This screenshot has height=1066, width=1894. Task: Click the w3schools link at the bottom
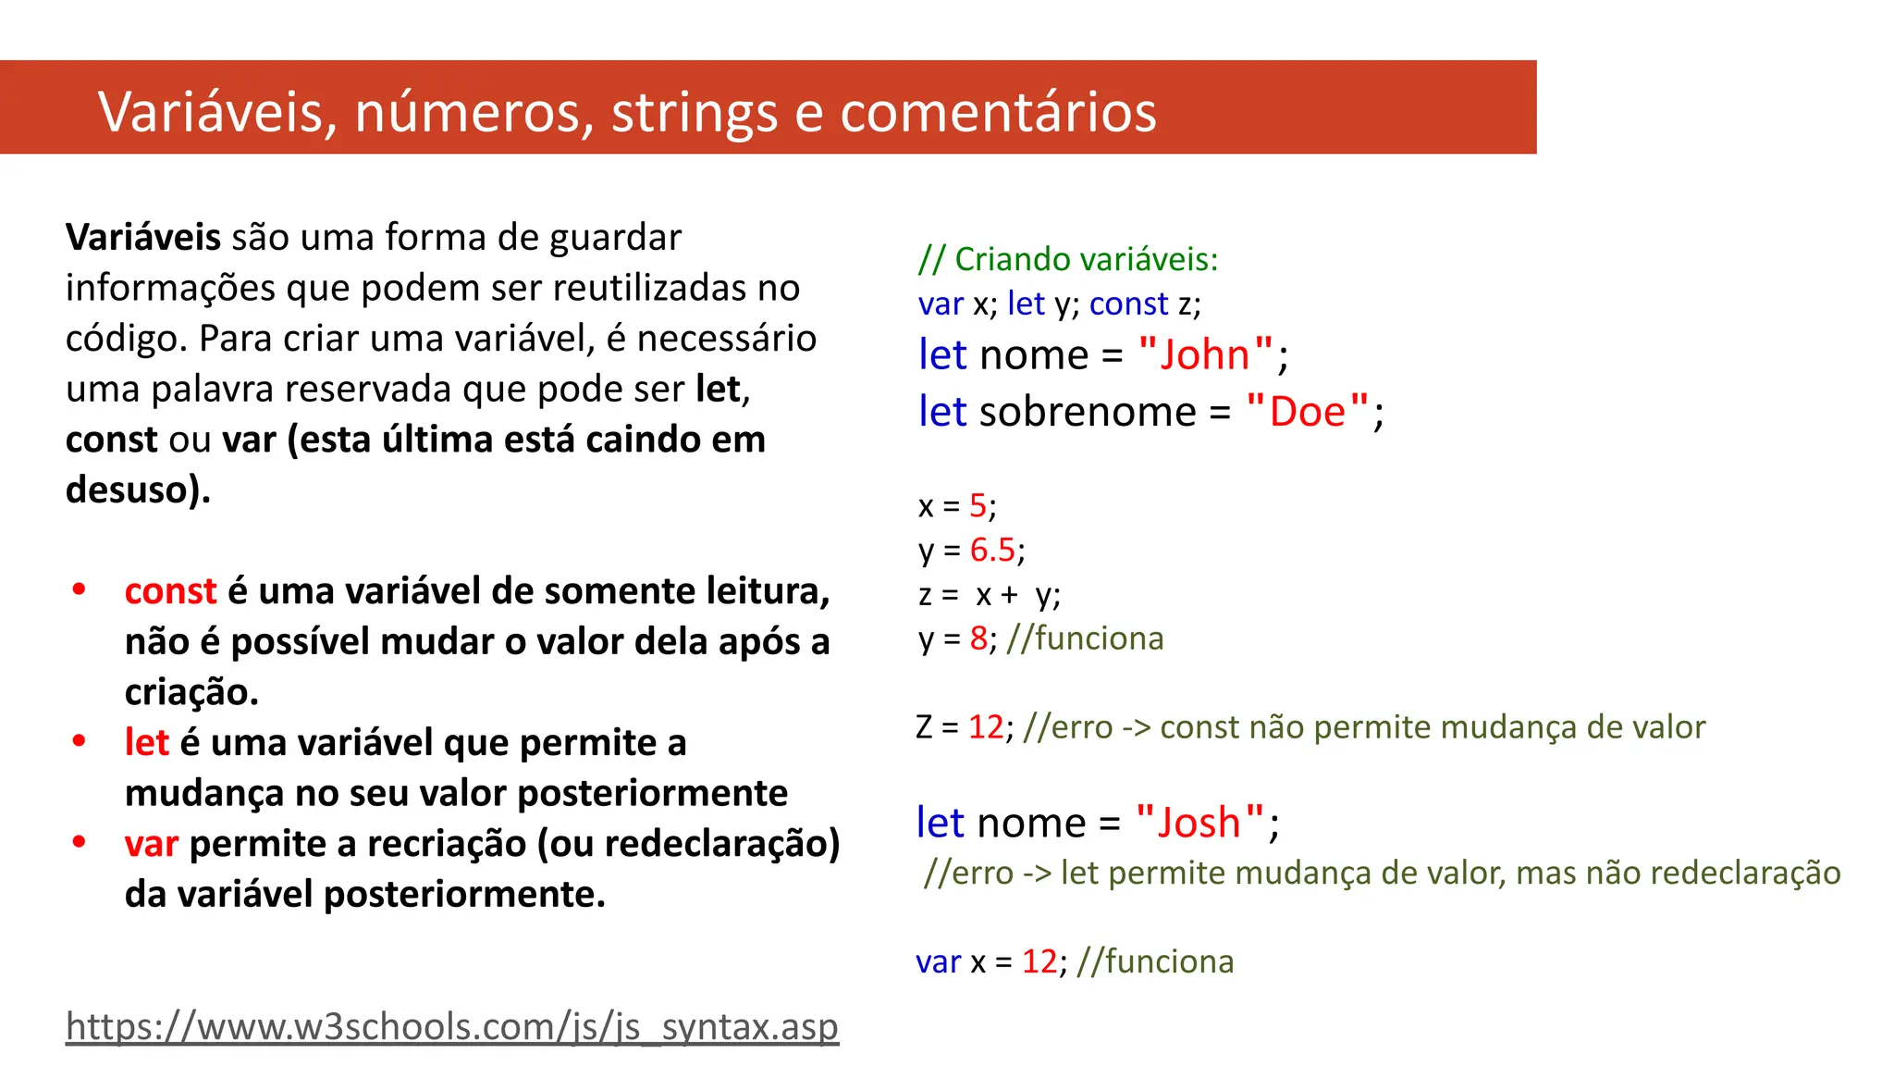tap(452, 1027)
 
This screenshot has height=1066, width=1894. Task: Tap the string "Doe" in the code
tap(1307, 412)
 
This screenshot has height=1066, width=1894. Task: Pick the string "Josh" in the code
tap(1199, 823)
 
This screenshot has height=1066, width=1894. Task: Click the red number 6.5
tap(992, 551)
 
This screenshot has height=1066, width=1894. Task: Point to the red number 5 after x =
tap(978, 506)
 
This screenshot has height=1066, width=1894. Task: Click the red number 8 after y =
tap(978, 638)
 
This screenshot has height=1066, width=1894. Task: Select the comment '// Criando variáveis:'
tap(1068, 259)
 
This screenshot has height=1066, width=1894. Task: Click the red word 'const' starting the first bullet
tap(170, 591)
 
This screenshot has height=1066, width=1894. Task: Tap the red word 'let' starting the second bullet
tap(147, 743)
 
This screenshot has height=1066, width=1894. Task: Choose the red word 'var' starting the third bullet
tap(152, 844)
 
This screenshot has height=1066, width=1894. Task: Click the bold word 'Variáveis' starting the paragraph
tap(143, 238)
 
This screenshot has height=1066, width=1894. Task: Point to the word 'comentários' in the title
tap(998, 113)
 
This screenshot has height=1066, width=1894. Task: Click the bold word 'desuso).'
tap(139, 490)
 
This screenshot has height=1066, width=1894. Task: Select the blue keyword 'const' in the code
tap(1128, 304)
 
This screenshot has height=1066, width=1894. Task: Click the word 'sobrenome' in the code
tap(1088, 412)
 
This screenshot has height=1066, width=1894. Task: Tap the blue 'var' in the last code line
tap(938, 962)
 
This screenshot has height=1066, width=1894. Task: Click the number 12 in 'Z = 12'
tap(986, 727)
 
